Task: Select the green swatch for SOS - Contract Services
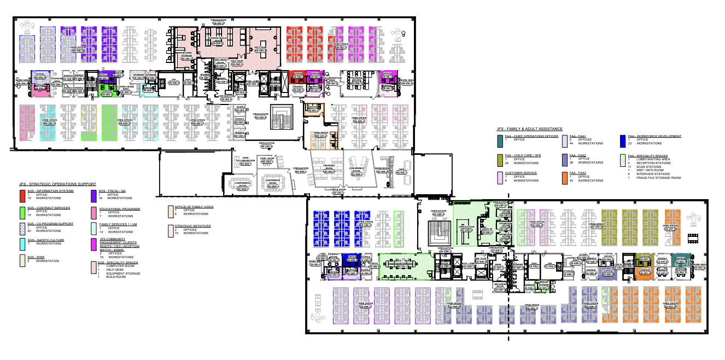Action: (22, 211)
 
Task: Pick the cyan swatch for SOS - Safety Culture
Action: (22, 242)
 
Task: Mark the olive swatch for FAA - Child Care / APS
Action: (500, 159)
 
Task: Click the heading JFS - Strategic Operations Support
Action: (57, 184)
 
